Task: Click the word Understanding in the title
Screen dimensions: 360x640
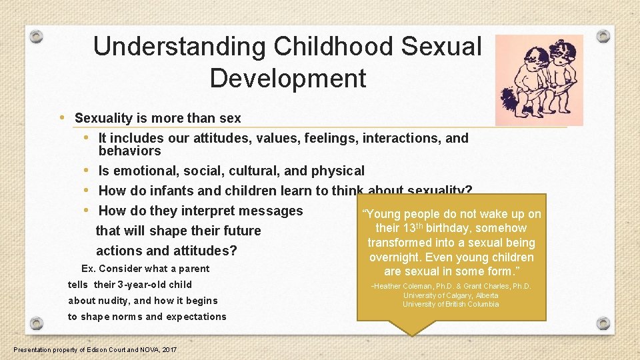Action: coord(178,47)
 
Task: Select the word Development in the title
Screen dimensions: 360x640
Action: coord(287,79)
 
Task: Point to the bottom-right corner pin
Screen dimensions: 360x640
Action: coord(603,323)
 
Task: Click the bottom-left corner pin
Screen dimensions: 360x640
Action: coord(37,323)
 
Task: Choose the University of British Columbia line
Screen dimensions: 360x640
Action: coord(451,304)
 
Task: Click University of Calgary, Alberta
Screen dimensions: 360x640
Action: coord(451,295)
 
